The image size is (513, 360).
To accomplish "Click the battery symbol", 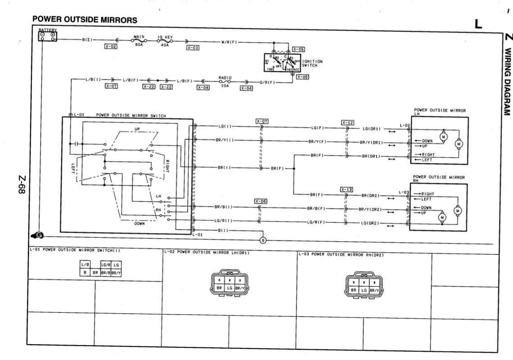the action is click(x=47, y=36).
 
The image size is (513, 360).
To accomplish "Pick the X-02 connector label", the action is click(x=111, y=46).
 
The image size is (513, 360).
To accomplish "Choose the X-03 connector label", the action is click(x=192, y=47).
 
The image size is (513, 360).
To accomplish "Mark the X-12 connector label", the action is click(x=347, y=122).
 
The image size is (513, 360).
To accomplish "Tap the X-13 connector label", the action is click(x=346, y=189).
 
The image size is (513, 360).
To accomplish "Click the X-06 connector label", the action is click(x=261, y=201).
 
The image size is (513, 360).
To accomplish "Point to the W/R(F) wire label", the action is click(x=229, y=43).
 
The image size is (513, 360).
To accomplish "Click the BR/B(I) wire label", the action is click(x=223, y=207).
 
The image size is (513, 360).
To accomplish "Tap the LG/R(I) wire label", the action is click(x=223, y=221).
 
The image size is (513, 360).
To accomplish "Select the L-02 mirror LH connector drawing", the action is click(x=228, y=283).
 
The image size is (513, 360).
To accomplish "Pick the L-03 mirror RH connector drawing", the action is click(x=363, y=283).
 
